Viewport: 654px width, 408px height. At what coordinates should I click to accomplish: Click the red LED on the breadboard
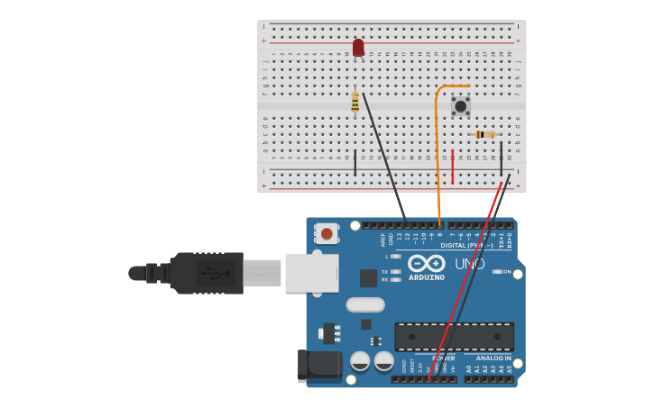[x=358, y=47]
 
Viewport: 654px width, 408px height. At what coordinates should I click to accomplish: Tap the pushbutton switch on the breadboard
[x=461, y=106]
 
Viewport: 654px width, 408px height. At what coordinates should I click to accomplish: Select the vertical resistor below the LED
[x=355, y=102]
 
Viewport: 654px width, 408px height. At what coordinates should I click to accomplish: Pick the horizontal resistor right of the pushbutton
[x=485, y=134]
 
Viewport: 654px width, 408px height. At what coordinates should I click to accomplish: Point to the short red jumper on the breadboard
[x=452, y=167]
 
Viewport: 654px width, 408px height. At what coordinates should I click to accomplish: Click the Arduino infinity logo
[x=426, y=263]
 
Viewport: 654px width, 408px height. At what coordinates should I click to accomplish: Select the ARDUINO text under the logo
[x=426, y=277]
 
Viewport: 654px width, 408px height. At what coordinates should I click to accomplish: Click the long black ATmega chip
[x=454, y=336]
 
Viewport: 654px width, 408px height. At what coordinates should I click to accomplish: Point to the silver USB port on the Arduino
[x=311, y=273]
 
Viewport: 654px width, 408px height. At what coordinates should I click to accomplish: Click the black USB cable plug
[x=207, y=273]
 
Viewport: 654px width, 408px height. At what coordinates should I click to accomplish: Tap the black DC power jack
[x=320, y=365]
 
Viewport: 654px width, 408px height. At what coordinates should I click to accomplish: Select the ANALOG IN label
[x=493, y=358]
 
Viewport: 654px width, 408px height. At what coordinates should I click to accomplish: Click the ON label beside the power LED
[x=507, y=271]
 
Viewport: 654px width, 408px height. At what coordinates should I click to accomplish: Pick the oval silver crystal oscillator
[x=365, y=304]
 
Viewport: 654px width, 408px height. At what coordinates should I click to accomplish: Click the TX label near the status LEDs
[x=384, y=271]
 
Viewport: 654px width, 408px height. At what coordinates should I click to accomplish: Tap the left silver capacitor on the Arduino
[x=360, y=361]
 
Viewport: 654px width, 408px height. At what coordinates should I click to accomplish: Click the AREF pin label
[x=383, y=240]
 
